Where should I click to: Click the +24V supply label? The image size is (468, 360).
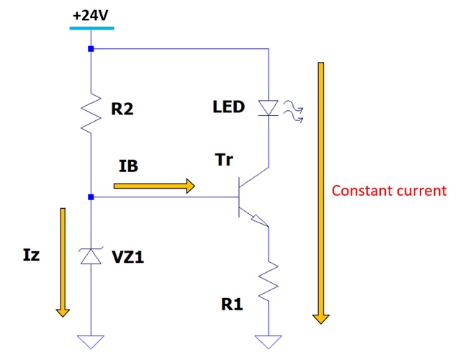pos(91,14)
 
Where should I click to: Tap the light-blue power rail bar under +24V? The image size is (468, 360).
pos(91,28)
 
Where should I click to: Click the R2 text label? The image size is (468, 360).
pos(124,110)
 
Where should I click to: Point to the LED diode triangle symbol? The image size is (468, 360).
pos(268,108)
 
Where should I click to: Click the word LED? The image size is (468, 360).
pos(229,107)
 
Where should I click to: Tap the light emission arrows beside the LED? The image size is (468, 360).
pos(292,110)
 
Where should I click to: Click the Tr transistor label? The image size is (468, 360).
pos(223,160)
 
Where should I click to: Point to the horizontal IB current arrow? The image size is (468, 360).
pos(154,186)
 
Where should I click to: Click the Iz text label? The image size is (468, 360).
pos(30,254)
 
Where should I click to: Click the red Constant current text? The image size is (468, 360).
pos(389,191)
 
